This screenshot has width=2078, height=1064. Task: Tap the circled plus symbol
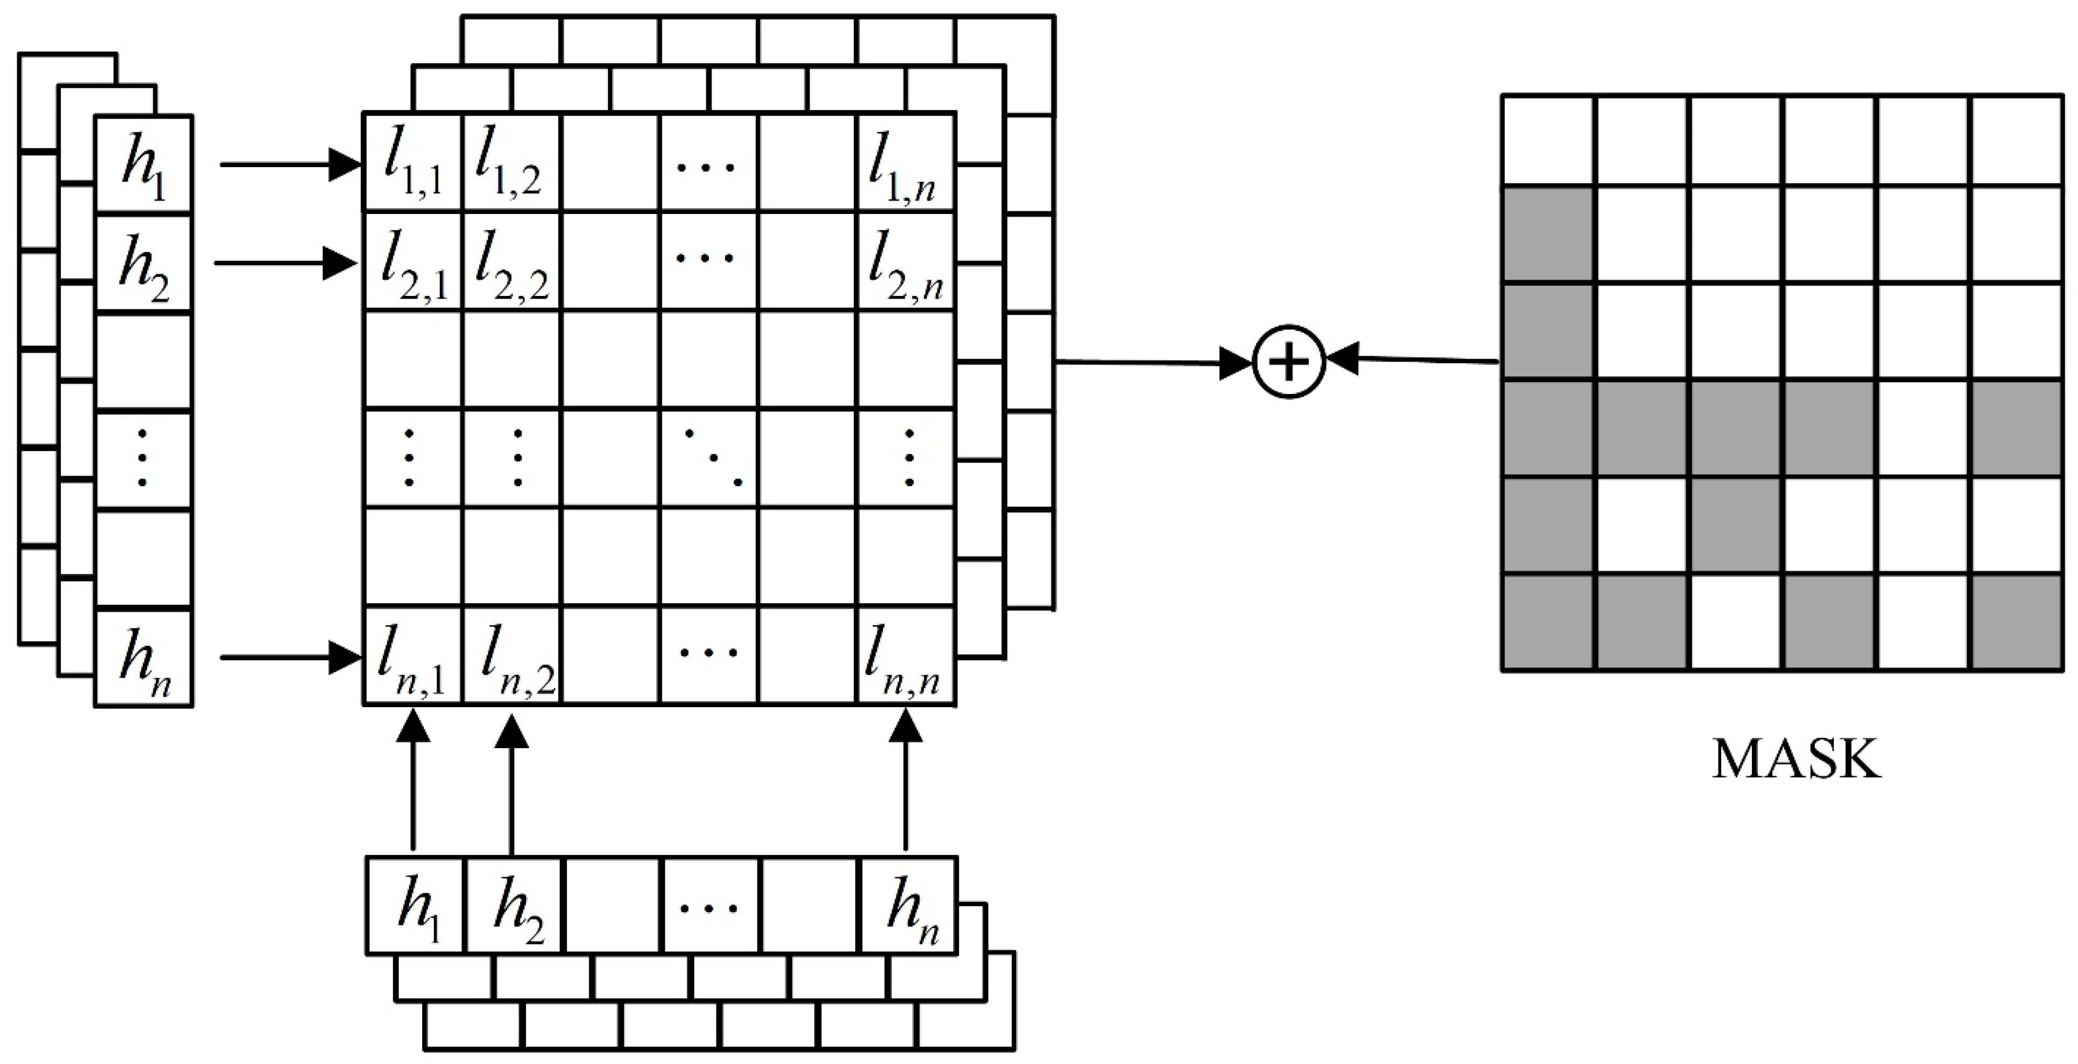click(1289, 362)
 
